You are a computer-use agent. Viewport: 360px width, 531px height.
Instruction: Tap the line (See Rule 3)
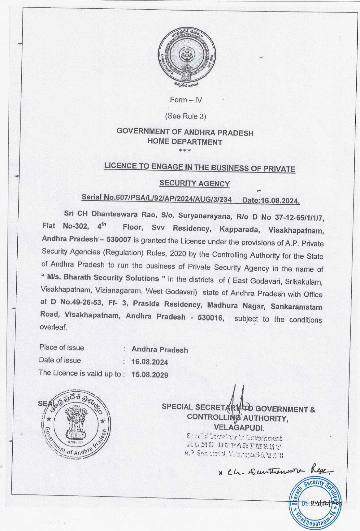coord(185,116)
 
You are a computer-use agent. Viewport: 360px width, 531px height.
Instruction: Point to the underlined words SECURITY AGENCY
coord(194,184)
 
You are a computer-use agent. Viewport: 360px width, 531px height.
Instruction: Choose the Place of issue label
coord(62,348)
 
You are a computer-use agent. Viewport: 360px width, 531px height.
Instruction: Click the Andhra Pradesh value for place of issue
coord(160,350)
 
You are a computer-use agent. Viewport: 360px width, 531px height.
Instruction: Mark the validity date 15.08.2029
coord(150,375)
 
